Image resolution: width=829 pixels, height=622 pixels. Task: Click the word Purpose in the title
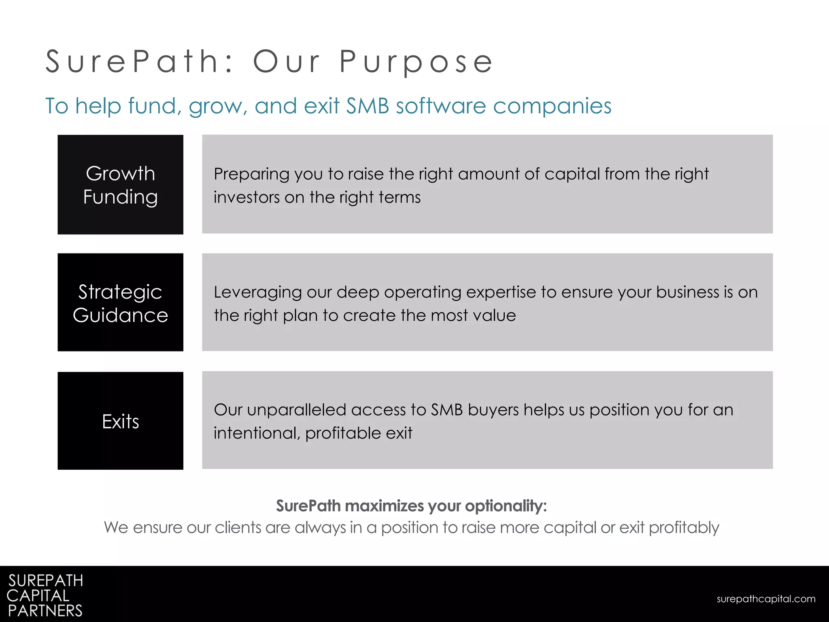[x=416, y=62]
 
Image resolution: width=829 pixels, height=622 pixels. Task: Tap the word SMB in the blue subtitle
[x=368, y=106]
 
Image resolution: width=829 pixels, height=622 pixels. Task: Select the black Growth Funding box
[x=120, y=185]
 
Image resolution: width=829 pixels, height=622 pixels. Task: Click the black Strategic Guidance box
[x=120, y=302]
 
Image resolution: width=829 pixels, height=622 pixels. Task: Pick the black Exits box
[x=120, y=421]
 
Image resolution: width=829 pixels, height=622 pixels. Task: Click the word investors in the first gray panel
[x=247, y=198]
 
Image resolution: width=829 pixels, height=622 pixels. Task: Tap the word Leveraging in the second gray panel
[x=258, y=293]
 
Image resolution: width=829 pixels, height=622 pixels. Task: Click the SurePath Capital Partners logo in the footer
[x=45, y=595]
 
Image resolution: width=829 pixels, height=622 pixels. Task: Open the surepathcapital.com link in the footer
[x=766, y=599]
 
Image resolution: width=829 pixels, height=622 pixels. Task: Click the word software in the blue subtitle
[x=441, y=106]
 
